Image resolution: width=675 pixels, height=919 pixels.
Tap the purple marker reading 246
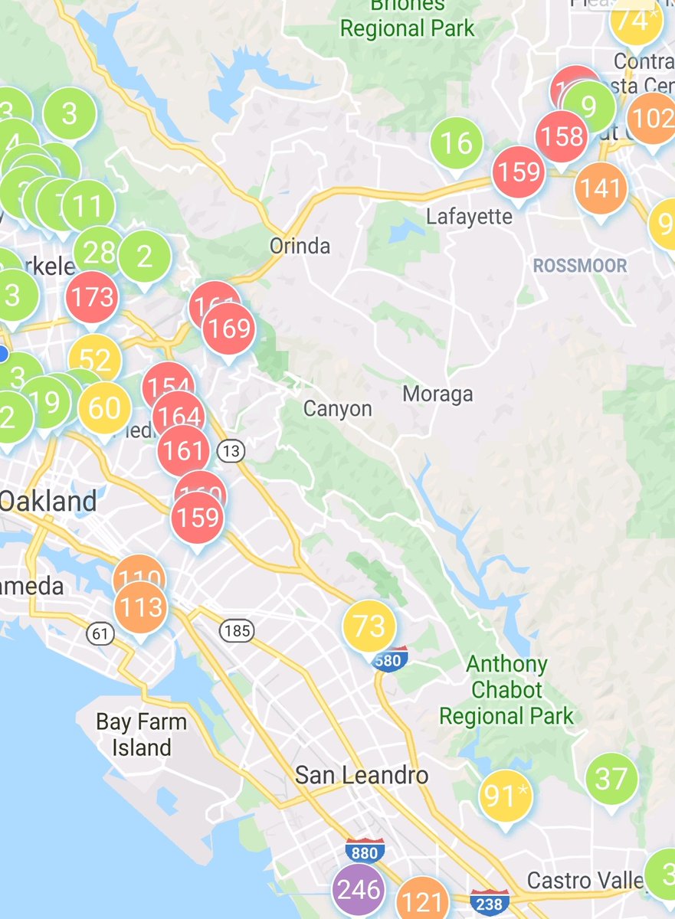click(359, 890)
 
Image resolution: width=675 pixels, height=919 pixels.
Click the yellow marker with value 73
click(369, 626)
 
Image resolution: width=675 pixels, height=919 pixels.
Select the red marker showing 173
click(92, 296)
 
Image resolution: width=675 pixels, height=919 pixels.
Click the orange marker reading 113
click(141, 607)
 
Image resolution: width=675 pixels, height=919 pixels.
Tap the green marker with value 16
click(457, 143)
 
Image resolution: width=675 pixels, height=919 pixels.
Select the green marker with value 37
click(611, 780)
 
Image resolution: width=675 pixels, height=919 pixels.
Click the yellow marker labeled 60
click(105, 408)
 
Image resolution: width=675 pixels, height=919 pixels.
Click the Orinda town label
click(300, 246)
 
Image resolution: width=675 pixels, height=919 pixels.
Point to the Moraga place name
click(437, 394)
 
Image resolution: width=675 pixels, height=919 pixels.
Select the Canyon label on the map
click(337, 408)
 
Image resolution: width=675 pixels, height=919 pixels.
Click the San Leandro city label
click(362, 775)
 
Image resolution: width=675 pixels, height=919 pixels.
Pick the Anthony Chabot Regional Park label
click(506, 690)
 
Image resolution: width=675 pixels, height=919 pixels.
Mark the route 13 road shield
click(231, 452)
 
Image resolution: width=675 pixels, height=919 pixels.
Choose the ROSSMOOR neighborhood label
click(580, 266)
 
